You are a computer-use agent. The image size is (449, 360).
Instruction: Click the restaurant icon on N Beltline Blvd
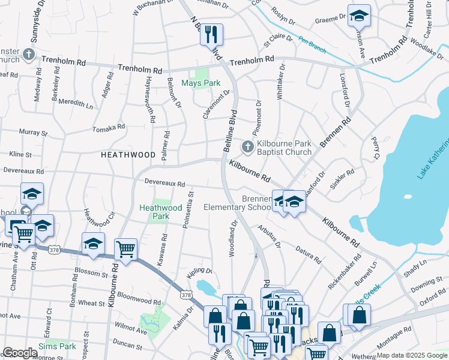click(x=211, y=34)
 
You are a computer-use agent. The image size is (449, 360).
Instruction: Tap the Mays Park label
click(x=201, y=83)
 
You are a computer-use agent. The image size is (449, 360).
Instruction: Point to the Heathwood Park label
click(x=160, y=212)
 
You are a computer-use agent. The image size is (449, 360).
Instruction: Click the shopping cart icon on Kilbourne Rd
click(x=125, y=248)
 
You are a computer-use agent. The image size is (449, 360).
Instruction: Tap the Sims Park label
click(x=57, y=346)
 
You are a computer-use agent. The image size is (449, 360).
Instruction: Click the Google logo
click(x=20, y=353)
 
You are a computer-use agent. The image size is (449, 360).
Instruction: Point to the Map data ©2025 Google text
click(x=412, y=355)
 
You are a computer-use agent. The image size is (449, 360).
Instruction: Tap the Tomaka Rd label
click(x=109, y=128)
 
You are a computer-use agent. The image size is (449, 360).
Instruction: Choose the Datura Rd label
click(x=308, y=256)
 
